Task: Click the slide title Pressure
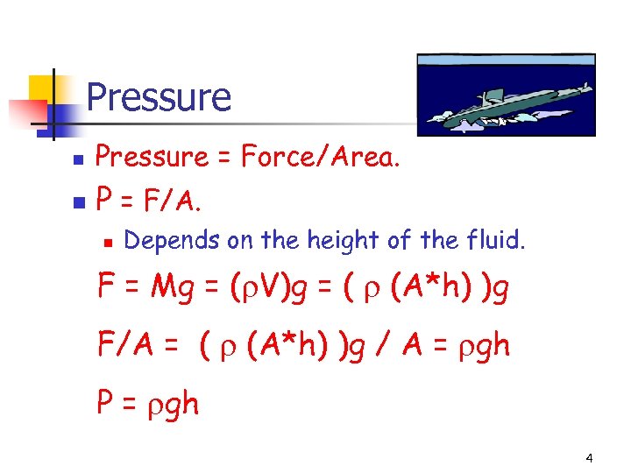click(x=159, y=96)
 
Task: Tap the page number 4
click(x=589, y=457)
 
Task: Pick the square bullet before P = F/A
click(x=78, y=203)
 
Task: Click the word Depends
click(x=174, y=240)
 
